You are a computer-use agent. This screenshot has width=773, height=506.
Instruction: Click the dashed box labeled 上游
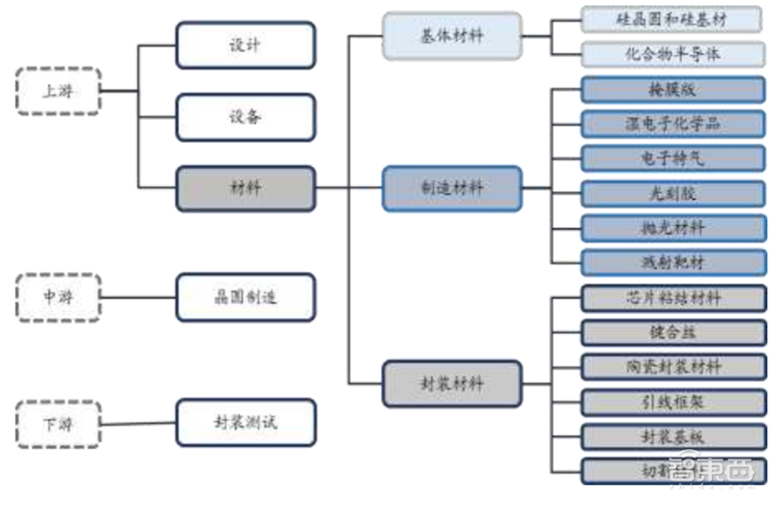(58, 92)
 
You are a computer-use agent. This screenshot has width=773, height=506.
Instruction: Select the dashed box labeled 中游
(58, 297)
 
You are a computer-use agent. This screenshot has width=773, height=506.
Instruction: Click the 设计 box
(245, 44)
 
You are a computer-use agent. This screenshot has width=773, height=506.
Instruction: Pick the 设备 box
(245, 117)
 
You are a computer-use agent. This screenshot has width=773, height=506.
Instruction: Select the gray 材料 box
(245, 188)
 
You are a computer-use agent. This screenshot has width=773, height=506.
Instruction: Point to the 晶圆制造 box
(245, 297)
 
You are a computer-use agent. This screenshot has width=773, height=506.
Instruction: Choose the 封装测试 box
(245, 423)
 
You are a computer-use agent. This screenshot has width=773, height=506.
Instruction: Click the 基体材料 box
(452, 37)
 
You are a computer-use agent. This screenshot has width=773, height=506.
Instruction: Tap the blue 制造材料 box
(452, 188)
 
